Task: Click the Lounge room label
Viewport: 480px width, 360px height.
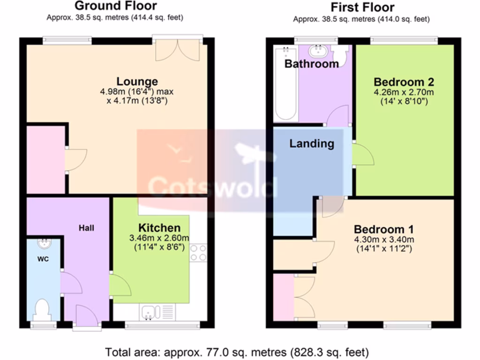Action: tap(137, 82)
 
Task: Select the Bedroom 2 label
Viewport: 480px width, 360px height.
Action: tap(404, 82)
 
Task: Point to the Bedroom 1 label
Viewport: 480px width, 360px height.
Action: tap(383, 230)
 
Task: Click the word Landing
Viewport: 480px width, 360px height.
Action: tap(311, 143)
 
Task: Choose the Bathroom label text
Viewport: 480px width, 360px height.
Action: tap(311, 64)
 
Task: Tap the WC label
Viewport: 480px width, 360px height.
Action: tap(43, 259)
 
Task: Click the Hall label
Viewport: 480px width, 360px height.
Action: tap(86, 228)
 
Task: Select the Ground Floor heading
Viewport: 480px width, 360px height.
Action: tap(115, 6)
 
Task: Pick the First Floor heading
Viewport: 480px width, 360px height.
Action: tap(362, 7)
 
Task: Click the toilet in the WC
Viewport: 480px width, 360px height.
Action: tap(43, 309)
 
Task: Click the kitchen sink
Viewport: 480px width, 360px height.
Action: tap(151, 311)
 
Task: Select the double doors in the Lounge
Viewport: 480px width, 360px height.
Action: tap(177, 49)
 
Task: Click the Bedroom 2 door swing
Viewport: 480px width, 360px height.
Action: tap(363, 155)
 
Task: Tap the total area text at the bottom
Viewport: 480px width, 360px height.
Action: tap(237, 352)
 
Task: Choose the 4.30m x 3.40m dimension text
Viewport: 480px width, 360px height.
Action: tap(383, 240)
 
